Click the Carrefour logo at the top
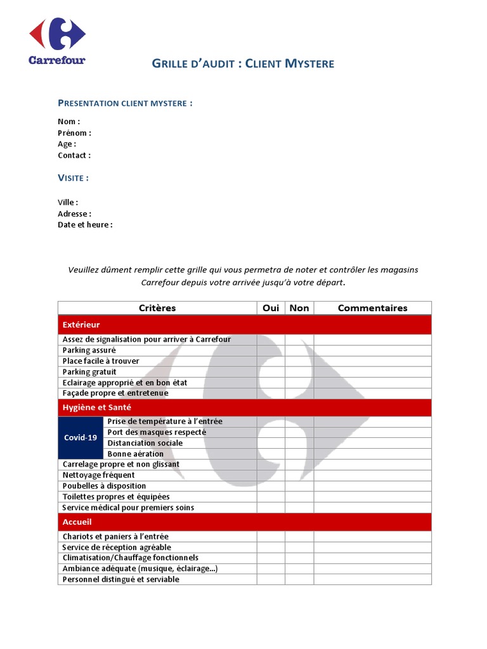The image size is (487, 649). (x=56, y=41)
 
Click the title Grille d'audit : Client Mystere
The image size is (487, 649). (x=243, y=63)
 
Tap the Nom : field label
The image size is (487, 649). (x=68, y=122)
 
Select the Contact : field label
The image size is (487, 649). (x=74, y=155)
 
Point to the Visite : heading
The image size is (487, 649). (x=73, y=178)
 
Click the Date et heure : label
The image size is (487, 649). (x=85, y=225)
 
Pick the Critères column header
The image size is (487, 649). (x=157, y=308)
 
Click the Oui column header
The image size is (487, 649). (x=271, y=308)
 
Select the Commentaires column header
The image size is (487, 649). (x=372, y=308)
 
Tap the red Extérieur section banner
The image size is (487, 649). (x=244, y=324)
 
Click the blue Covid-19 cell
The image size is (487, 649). (x=81, y=437)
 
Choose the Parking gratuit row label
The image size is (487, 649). (x=89, y=372)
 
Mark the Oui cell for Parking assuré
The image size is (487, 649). (x=271, y=350)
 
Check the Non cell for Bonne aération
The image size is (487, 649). (x=299, y=454)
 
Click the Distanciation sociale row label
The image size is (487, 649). (x=145, y=443)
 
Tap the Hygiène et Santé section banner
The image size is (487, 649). (x=244, y=408)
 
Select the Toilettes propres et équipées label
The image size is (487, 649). (x=116, y=497)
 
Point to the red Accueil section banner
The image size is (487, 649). (x=244, y=522)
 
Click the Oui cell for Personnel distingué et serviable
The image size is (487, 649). (x=271, y=579)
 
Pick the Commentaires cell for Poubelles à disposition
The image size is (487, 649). (x=372, y=486)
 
